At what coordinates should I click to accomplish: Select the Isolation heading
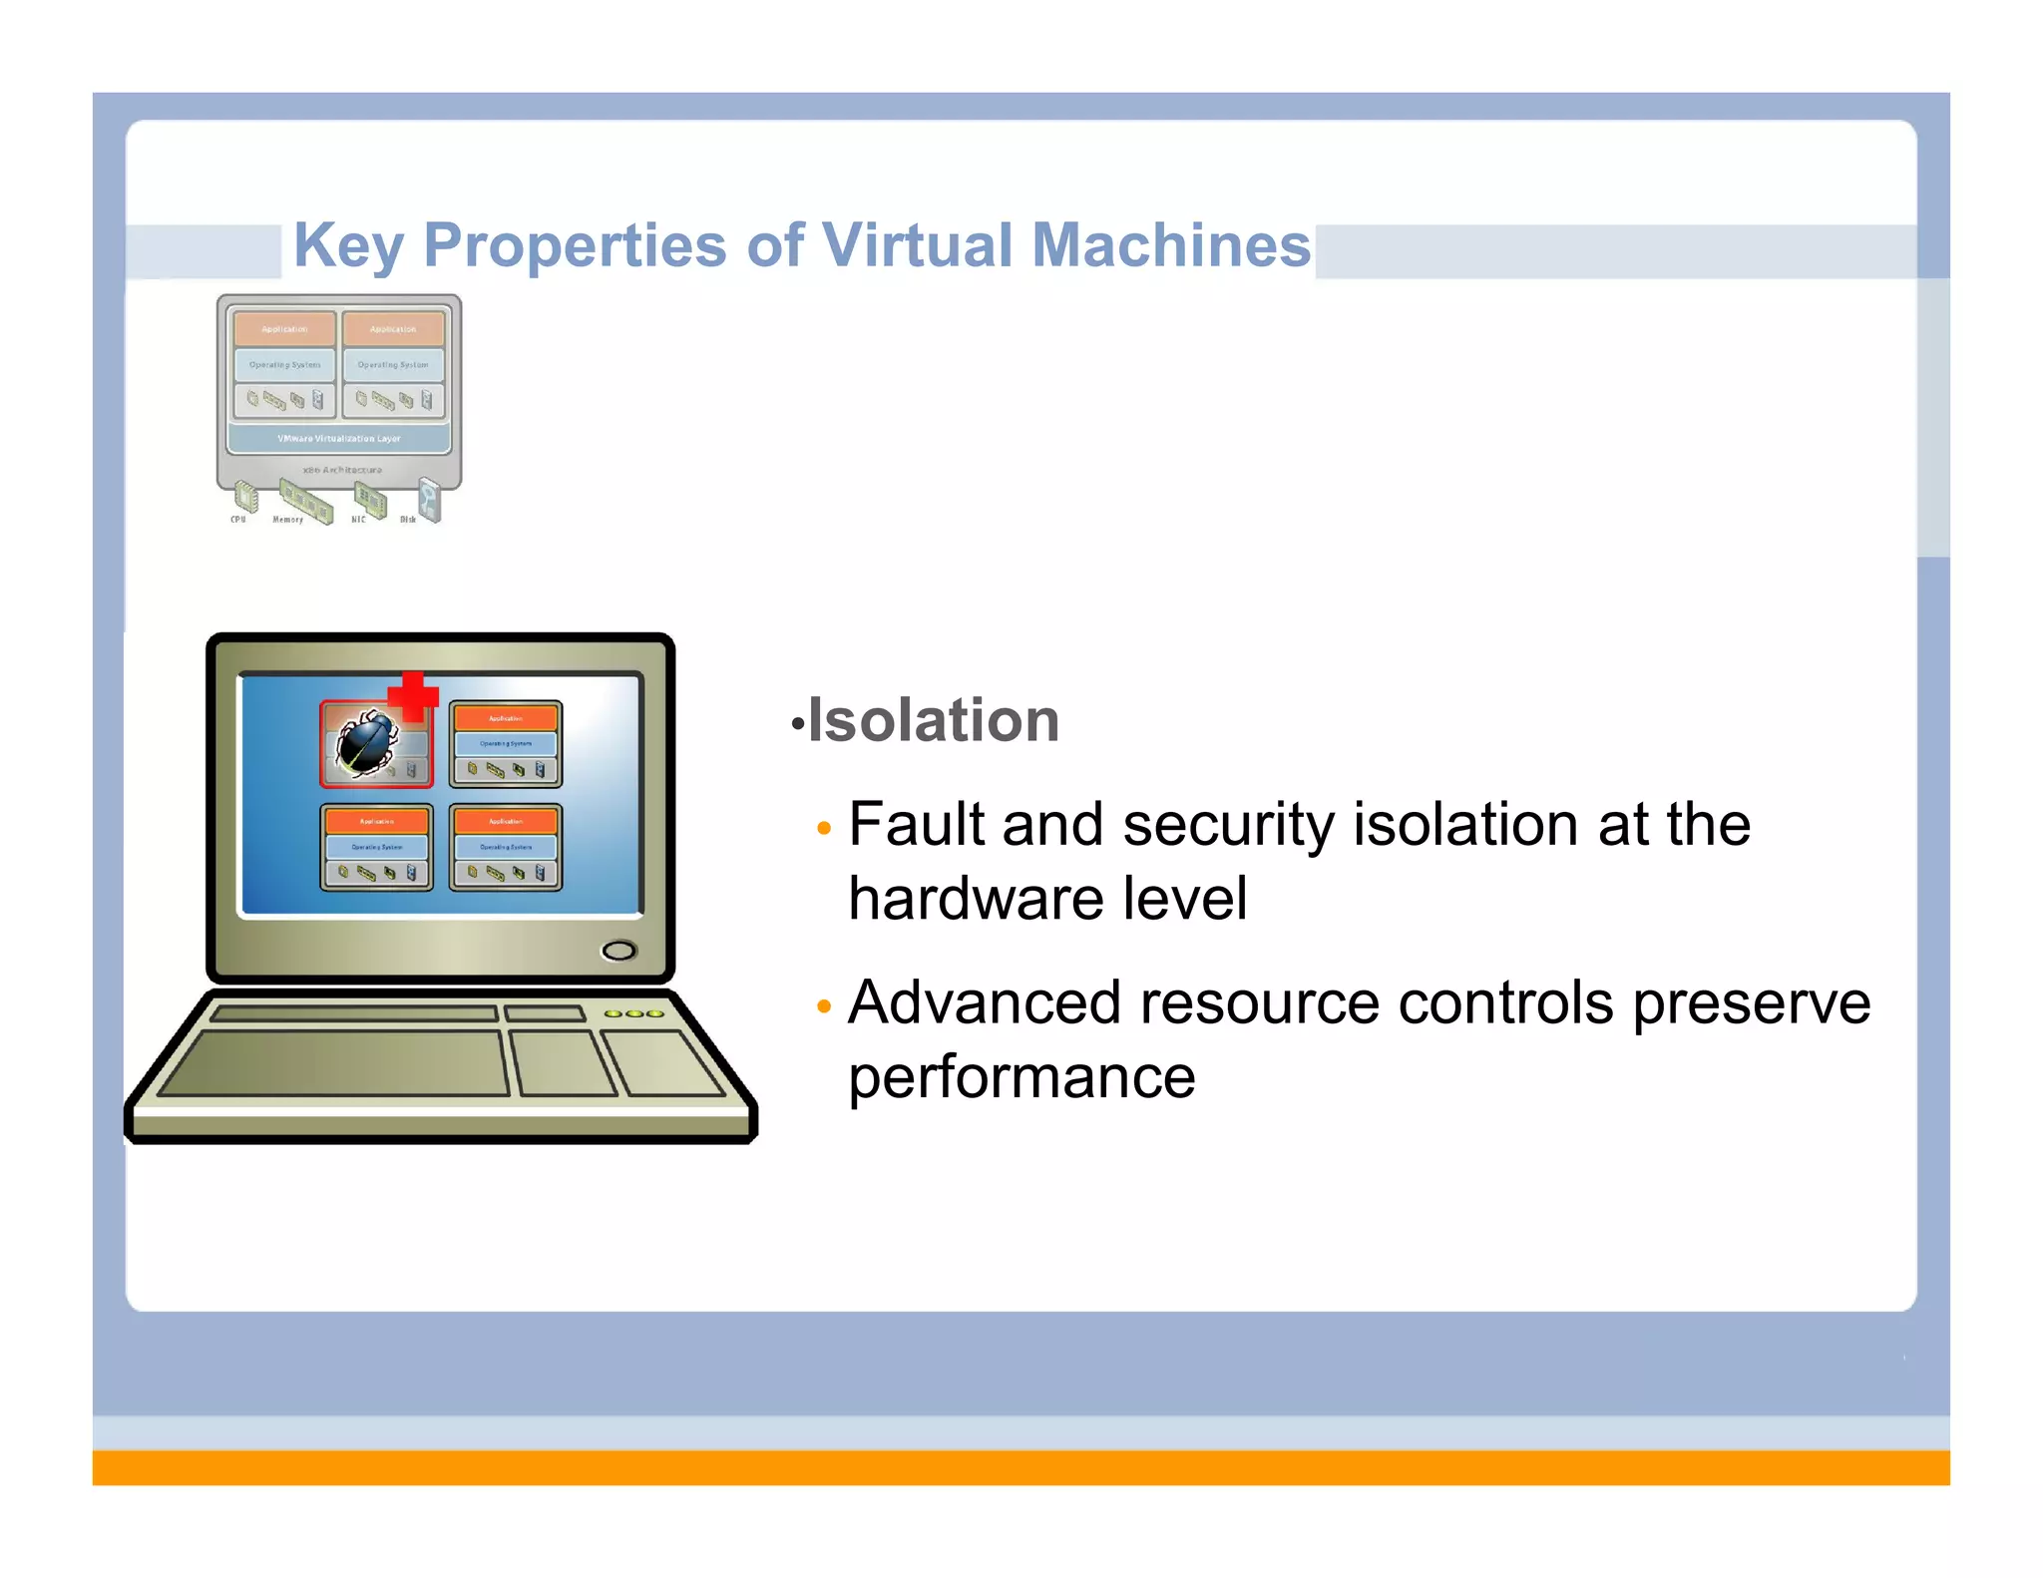pyautogui.click(x=933, y=720)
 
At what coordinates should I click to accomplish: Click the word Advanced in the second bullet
pyautogui.click(x=984, y=1002)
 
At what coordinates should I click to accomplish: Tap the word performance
pyautogui.click(x=1021, y=1077)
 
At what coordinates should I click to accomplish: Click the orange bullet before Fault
pyautogui.click(x=823, y=829)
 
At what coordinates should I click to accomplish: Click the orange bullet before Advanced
pyautogui.click(x=823, y=1006)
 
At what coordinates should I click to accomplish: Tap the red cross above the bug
pyautogui.click(x=412, y=695)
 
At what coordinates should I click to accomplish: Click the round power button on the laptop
pyautogui.click(x=618, y=951)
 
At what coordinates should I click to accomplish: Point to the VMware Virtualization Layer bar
pyautogui.click(x=339, y=439)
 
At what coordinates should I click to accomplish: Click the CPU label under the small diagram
pyautogui.click(x=237, y=520)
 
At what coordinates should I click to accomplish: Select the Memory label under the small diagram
pyautogui.click(x=287, y=520)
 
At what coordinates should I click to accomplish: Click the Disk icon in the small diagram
pyautogui.click(x=430, y=498)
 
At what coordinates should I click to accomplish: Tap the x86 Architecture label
pyautogui.click(x=342, y=470)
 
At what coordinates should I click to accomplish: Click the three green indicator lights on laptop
pyautogui.click(x=633, y=1013)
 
